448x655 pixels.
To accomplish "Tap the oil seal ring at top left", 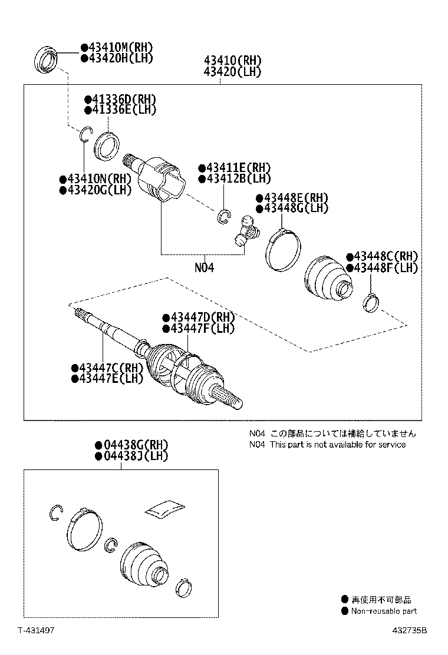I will [48, 61].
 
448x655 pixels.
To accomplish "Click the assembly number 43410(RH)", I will [232, 61].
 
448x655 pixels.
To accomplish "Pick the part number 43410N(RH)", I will [95, 179].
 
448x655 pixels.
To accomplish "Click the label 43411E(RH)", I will [235, 168].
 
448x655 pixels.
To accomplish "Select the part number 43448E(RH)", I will [292, 197].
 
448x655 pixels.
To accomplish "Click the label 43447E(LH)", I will [107, 379].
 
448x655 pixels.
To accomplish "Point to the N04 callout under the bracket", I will [204, 267].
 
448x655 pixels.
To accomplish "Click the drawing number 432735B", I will [410, 630].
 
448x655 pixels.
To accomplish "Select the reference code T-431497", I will [35, 630].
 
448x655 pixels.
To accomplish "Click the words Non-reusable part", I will [384, 611].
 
